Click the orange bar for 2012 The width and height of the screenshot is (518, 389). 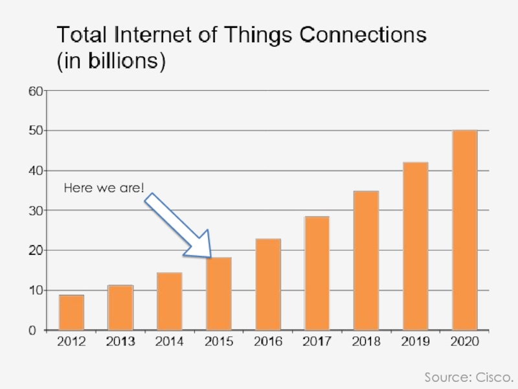71,312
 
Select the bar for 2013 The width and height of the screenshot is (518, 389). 120,307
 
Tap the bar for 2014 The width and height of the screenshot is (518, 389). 170,301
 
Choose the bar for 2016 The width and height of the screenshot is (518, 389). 268,285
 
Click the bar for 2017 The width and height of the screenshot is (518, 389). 317,273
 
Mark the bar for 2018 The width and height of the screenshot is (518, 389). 366,261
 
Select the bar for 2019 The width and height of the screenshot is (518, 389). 416,246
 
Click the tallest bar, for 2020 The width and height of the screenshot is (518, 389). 465,230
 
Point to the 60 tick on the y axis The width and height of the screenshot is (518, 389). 35,91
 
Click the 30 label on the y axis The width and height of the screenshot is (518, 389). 35,211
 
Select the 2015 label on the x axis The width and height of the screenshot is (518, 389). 219,342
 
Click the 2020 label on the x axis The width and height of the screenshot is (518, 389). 465,342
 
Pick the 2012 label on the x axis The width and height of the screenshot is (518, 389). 71,342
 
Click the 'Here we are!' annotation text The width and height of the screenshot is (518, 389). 104,189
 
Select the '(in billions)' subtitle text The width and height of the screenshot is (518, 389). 111,62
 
